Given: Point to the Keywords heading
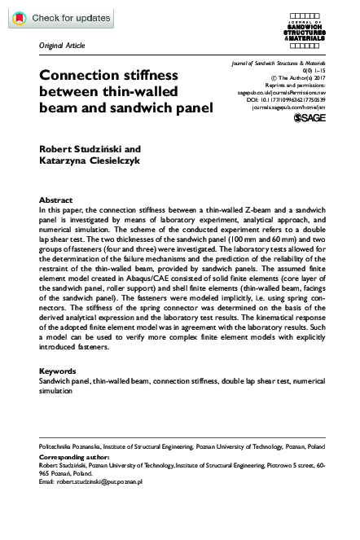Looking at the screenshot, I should click(x=59, y=371).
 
